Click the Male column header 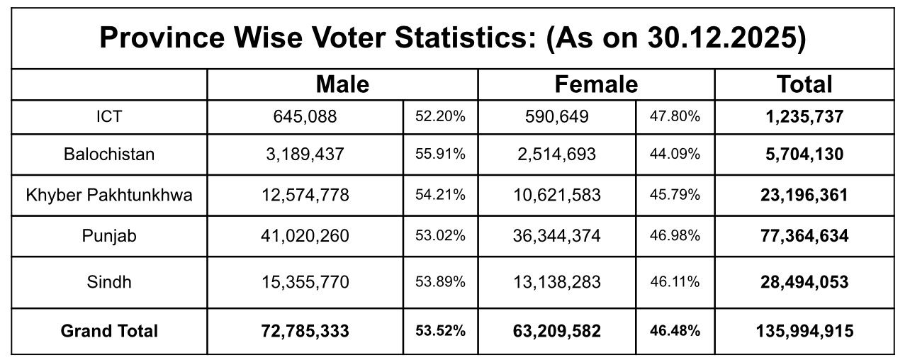tap(342, 85)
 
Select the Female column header tap(596, 85)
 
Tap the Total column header tap(804, 85)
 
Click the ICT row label tap(109, 116)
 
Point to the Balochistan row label tap(109, 154)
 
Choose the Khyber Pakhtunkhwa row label tap(109, 195)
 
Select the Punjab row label tap(109, 236)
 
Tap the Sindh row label tap(109, 282)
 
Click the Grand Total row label tap(109, 330)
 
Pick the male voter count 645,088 tap(305, 116)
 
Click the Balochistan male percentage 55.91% tap(440, 154)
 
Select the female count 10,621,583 tap(556, 195)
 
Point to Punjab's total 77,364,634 tap(804, 236)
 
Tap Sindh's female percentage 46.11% tap(675, 282)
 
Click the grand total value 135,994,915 tap(804, 330)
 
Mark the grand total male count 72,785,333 tap(305, 330)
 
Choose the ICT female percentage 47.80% tap(675, 116)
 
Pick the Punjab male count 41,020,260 tap(305, 236)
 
